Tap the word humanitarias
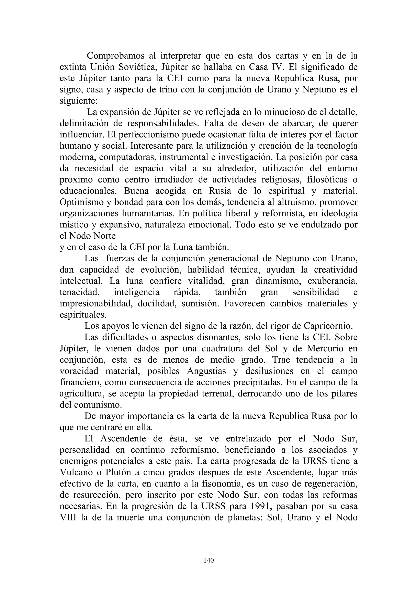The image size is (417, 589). coord(148,213)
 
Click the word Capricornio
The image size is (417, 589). coord(328,326)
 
